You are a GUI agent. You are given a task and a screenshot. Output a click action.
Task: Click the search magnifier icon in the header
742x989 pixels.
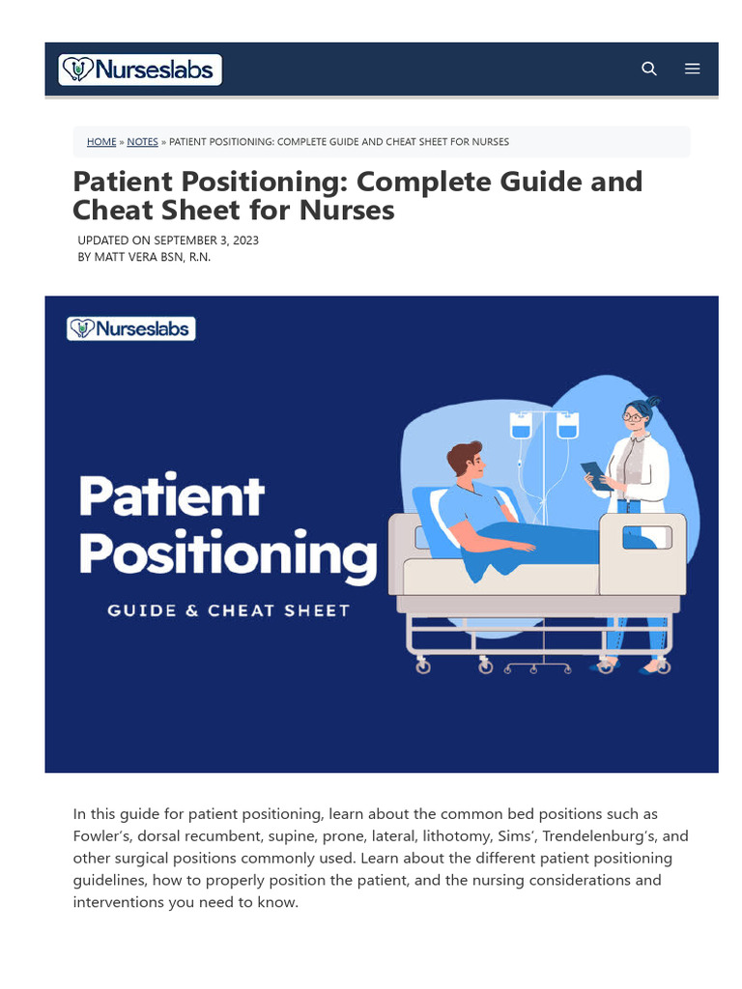(649, 69)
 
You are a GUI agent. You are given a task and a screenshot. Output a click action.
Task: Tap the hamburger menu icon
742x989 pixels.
(692, 69)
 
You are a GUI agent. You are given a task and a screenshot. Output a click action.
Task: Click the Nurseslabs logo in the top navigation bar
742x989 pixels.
(140, 70)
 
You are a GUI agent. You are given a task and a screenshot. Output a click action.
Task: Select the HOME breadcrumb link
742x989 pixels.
(101, 142)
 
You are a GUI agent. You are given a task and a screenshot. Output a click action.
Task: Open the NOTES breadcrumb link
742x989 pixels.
(142, 142)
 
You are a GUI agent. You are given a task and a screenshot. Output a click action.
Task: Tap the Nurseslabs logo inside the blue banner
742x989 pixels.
(131, 328)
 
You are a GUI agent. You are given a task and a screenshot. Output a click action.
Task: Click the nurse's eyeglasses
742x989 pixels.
(632, 416)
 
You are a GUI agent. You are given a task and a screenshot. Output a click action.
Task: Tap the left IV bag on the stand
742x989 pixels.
(521, 425)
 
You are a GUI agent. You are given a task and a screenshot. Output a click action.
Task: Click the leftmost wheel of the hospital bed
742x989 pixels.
(422, 666)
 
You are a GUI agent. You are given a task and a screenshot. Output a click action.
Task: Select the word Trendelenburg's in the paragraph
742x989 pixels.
(599, 835)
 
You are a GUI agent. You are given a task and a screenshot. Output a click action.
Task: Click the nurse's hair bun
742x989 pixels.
(653, 399)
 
